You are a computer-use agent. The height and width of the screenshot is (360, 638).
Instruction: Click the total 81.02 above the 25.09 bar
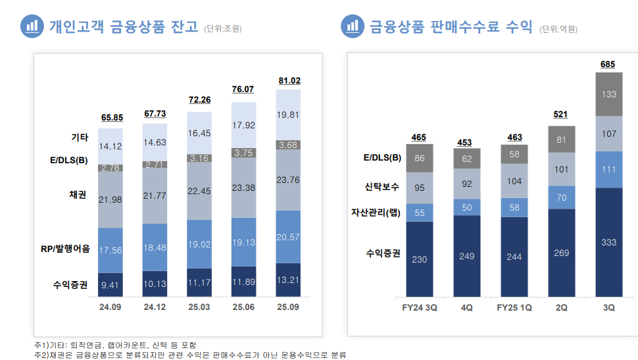point(289,81)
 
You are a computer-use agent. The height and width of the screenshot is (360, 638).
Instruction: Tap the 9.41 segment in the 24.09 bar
point(110,286)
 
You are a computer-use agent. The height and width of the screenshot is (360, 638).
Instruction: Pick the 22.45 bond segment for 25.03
point(200,191)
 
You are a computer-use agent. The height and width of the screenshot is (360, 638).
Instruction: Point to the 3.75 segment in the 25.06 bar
point(244,153)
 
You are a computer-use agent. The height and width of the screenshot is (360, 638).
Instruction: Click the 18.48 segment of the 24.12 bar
point(155,247)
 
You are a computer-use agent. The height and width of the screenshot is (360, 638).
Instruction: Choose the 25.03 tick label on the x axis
point(199,307)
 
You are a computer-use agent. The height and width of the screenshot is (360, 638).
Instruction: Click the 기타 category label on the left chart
point(80,138)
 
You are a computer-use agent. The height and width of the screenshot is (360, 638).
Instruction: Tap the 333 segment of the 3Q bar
point(609,242)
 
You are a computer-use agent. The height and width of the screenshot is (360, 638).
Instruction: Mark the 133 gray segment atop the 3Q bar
point(609,94)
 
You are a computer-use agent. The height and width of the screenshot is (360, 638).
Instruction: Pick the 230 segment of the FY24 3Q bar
point(419,259)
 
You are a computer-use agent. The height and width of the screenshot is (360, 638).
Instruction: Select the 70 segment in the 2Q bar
point(561,197)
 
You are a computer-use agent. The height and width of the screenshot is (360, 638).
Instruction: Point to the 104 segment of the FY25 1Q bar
point(514,180)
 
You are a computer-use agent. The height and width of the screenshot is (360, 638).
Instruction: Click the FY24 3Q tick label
point(419,307)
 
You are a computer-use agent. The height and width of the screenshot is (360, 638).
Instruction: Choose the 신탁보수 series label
point(381,187)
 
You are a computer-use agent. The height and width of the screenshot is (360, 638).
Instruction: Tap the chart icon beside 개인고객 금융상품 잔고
point(30,26)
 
